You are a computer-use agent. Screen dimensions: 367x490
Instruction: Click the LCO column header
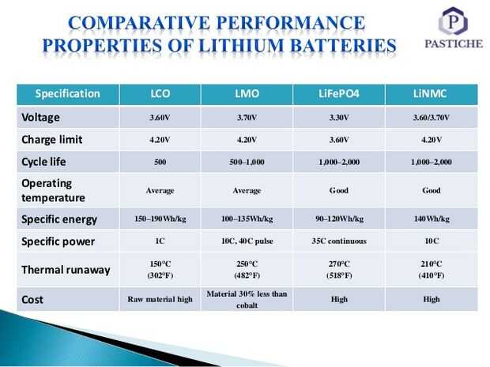(x=160, y=94)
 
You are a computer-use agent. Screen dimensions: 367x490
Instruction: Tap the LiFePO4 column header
(x=337, y=94)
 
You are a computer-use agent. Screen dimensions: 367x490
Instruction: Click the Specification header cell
(x=67, y=94)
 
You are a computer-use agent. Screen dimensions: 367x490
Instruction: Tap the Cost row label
(x=32, y=299)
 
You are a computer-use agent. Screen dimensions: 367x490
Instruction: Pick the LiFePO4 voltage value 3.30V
(x=337, y=118)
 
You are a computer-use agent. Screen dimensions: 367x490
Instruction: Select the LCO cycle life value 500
(x=160, y=163)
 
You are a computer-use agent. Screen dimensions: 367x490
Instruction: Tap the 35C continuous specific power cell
(x=337, y=242)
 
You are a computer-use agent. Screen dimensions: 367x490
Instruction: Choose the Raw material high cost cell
(x=160, y=300)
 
